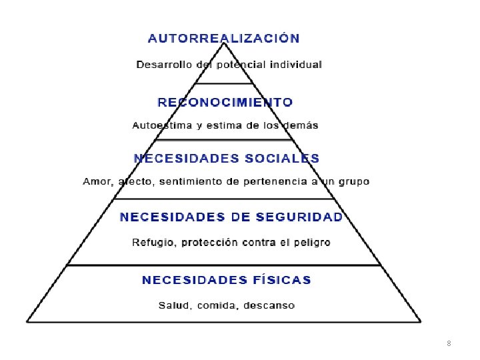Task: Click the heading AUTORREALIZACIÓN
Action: click(223, 39)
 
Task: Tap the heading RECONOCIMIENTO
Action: click(225, 103)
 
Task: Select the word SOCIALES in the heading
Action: click(282, 159)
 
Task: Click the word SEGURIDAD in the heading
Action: click(300, 217)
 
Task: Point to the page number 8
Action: click(449, 343)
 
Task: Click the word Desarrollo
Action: click(162, 65)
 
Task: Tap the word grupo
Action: click(353, 181)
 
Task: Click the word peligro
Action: click(311, 242)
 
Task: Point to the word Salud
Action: click(173, 306)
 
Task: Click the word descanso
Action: click(270, 306)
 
